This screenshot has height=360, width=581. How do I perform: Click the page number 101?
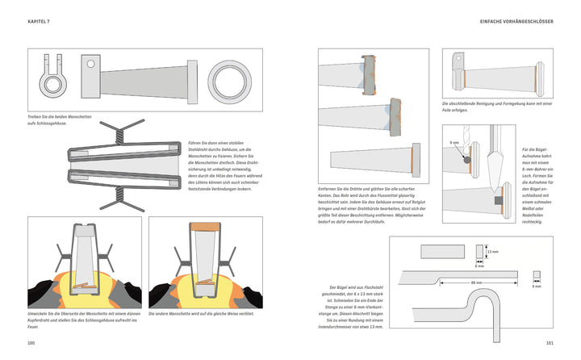pyautogui.click(x=549, y=343)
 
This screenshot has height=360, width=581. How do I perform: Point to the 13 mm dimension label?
pyautogui.click(x=494, y=251)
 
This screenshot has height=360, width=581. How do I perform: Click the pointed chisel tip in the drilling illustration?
pyautogui.click(x=494, y=174)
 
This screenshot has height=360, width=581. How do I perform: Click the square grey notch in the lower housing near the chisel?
pyautogui.click(x=497, y=199)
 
